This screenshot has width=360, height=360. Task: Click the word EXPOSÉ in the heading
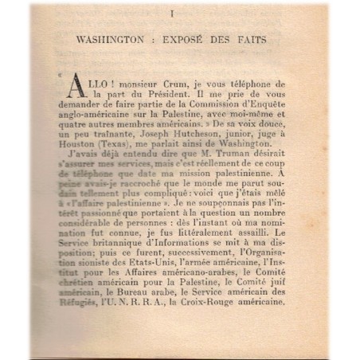[178, 38]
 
